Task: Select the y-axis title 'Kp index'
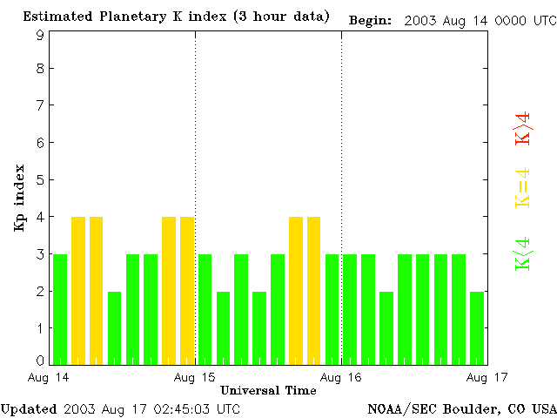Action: click(19, 198)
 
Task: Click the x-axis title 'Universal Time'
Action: click(268, 390)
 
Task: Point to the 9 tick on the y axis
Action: click(40, 35)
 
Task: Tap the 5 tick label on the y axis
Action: click(40, 180)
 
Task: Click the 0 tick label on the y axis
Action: click(40, 360)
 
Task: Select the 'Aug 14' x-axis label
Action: click(49, 377)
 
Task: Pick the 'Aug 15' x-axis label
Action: click(195, 377)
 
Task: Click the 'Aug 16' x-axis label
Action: click(341, 377)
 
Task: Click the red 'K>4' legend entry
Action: click(522, 127)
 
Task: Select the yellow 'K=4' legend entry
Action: click(522, 186)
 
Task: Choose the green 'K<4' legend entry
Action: click(522, 253)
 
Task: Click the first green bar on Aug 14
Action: click(60, 309)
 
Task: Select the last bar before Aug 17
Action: click(477, 327)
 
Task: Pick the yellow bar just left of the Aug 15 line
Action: click(187, 290)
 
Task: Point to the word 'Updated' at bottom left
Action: click(29, 408)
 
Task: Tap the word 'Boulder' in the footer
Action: click(471, 408)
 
